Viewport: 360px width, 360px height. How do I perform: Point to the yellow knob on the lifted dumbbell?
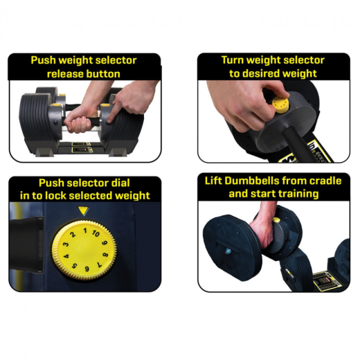(x=277, y=221)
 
